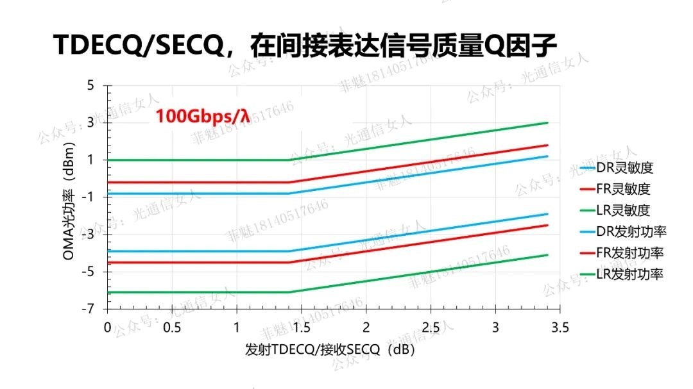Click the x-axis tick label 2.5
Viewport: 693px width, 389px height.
click(431, 327)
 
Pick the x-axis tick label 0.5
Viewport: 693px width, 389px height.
click(171, 327)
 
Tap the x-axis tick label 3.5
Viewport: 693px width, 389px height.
click(560, 327)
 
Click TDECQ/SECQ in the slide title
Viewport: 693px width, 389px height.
click(141, 46)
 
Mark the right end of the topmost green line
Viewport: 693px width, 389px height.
click(547, 122)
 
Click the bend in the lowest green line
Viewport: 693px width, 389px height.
click(289, 292)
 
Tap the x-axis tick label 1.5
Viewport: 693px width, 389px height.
click(301, 327)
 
